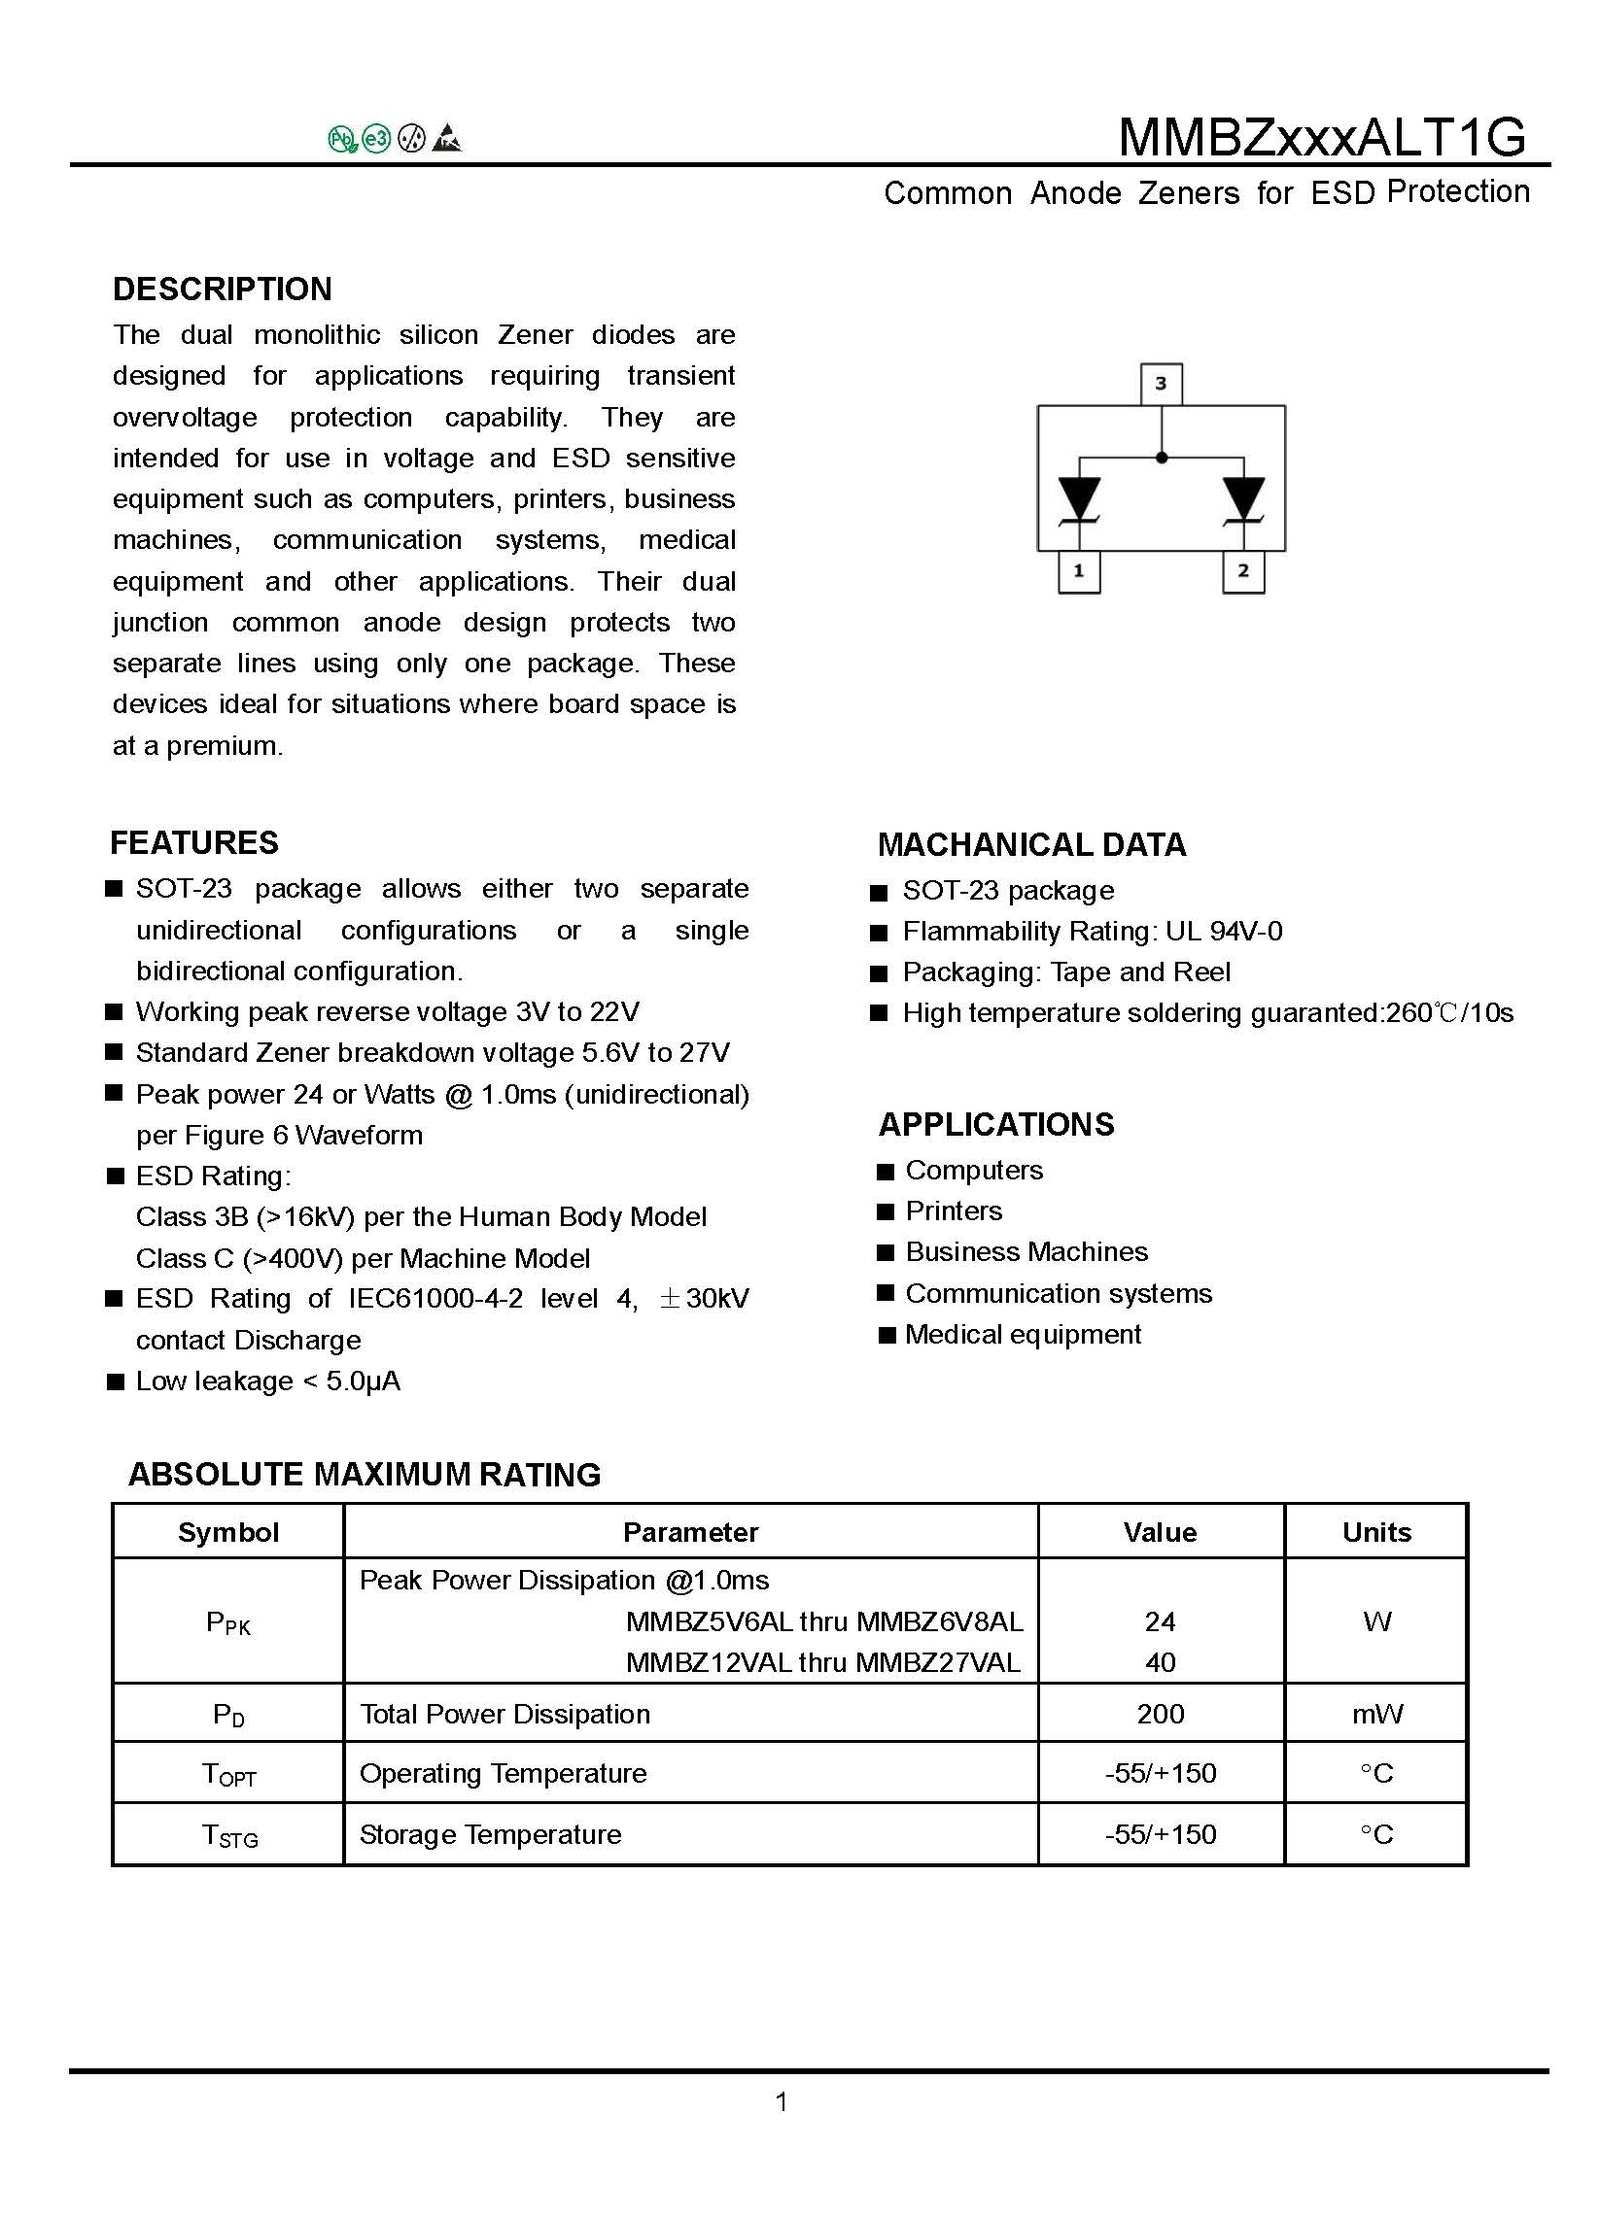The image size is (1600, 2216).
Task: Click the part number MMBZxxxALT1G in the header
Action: [x=1321, y=137]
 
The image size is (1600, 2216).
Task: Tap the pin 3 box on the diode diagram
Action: [x=1161, y=383]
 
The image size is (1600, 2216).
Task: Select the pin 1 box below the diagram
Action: [x=1078, y=570]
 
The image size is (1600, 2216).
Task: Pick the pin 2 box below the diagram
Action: [x=1242, y=570]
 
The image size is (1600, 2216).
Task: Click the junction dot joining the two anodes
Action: [x=1162, y=458]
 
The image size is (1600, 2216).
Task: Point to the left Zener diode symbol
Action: [x=1080, y=499]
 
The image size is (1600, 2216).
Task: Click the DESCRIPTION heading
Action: [x=222, y=290]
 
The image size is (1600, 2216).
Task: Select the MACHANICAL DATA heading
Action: [x=1031, y=844]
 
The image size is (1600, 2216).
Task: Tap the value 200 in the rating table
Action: [x=1161, y=1714]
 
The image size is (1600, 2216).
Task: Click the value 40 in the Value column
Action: [x=1161, y=1662]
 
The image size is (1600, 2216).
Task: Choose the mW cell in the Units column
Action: [x=1376, y=1714]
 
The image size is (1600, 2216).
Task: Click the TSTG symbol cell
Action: [x=228, y=1834]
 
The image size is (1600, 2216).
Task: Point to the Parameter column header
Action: [x=690, y=1532]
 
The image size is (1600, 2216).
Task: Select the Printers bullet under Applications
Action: [x=953, y=1210]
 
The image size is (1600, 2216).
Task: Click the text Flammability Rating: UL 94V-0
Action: [x=1092, y=931]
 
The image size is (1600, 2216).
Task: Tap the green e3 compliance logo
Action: [x=376, y=140]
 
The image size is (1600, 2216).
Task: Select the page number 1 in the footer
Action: [x=781, y=2101]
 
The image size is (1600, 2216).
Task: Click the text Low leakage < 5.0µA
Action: [x=268, y=1381]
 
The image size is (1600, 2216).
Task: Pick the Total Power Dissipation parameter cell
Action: [x=504, y=1714]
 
